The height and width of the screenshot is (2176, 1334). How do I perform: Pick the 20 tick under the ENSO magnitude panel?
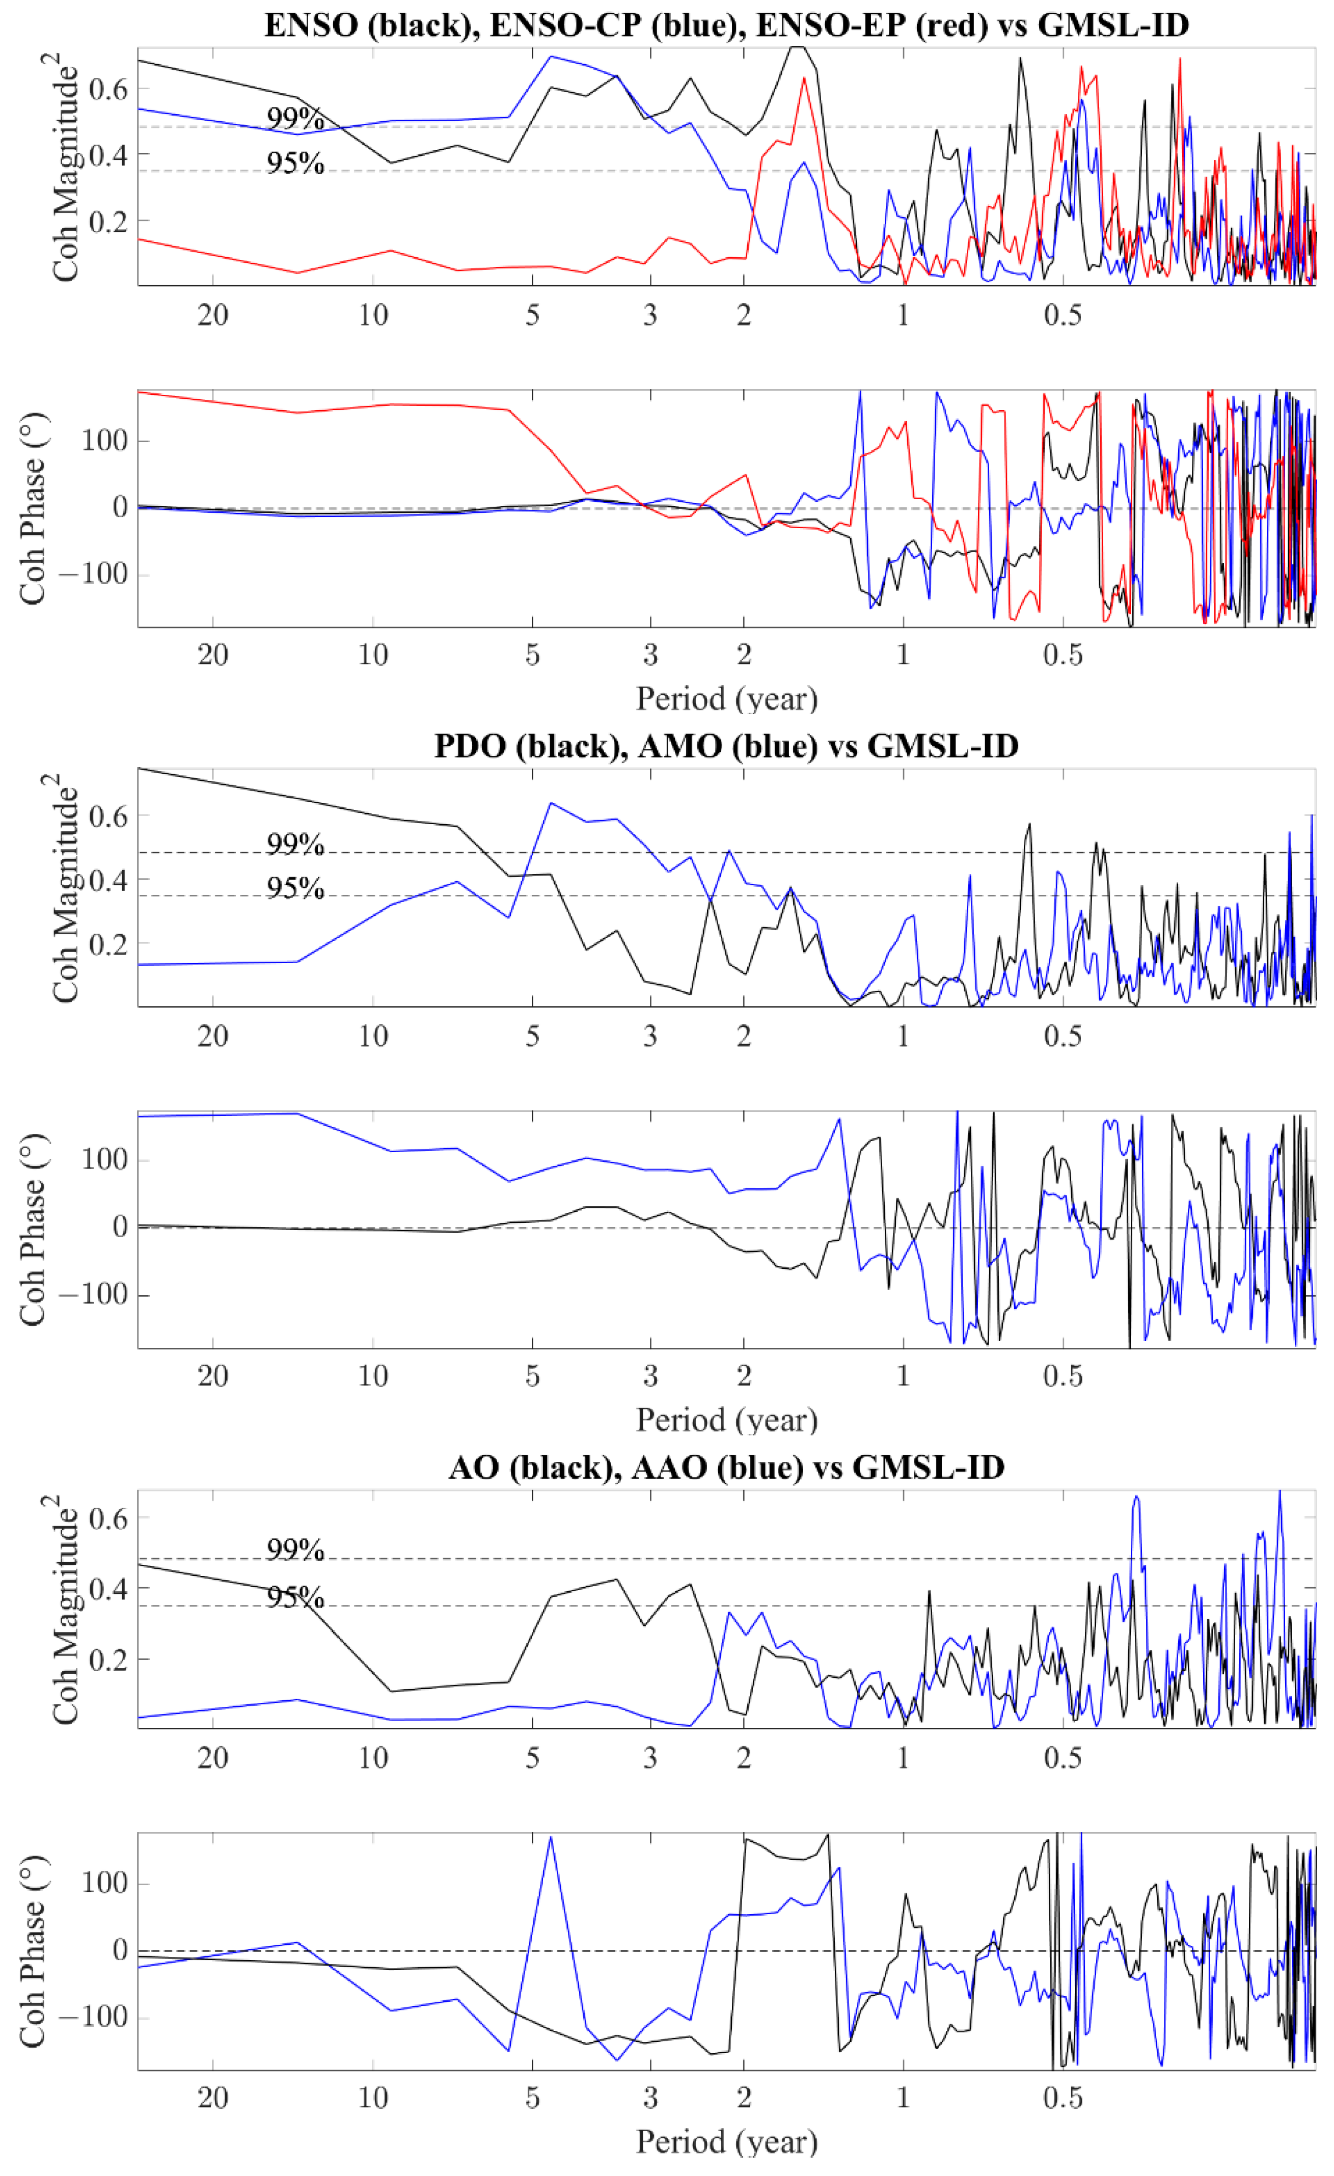click(213, 315)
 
